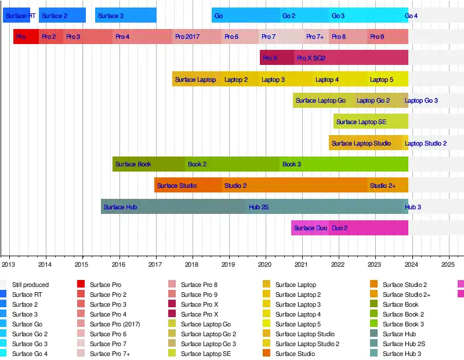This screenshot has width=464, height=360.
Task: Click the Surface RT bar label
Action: pos(20,16)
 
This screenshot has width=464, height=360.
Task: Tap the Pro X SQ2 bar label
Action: pos(311,58)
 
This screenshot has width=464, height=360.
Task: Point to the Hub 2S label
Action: pos(259,207)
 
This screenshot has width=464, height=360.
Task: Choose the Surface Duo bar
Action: pos(310,228)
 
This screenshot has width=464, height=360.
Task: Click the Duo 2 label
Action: pos(339,228)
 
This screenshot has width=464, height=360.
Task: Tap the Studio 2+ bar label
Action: pos(383,186)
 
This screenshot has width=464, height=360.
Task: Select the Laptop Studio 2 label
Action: pos(426,143)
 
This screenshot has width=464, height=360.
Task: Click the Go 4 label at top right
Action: pos(411,16)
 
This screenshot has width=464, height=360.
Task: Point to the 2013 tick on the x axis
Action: pos(9,265)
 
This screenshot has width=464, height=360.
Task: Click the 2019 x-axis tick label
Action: pos(229,265)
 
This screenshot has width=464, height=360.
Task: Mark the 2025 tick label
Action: pos(448,265)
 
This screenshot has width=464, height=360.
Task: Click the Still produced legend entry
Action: pos(30,285)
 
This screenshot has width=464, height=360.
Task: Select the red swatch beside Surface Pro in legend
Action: pos(81,284)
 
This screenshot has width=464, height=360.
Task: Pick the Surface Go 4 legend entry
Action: pos(30,354)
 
